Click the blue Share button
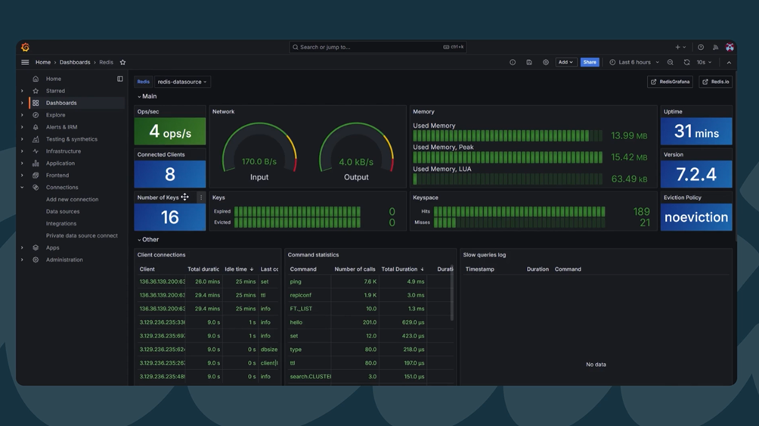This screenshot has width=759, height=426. (x=590, y=62)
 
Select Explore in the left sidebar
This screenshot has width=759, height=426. (x=55, y=115)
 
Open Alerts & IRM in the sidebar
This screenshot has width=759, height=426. (x=61, y=127)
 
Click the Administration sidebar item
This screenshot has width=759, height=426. (x=64, y=260)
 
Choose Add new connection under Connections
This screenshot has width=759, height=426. (x=72, y=200)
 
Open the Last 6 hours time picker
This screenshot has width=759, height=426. (x=634, y=62)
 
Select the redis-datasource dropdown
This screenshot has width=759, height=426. (x=181, y=82)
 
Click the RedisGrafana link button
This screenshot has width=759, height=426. (x=670, y=82)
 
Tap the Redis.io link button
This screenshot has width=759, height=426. (x=715, y=82)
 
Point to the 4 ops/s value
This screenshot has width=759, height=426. (x=170, y=132)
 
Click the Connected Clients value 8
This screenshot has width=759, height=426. (x=170, y=175)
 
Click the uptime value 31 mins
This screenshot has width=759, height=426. (x=695, y=132)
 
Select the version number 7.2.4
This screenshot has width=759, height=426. (x=695, y=175)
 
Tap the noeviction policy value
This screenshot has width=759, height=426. (x=695, y=217)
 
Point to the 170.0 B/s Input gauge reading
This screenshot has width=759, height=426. (x=259, y=162)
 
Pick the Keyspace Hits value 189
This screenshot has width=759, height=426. (x=641, y=212)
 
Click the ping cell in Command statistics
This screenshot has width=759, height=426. (x=296, y=281)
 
